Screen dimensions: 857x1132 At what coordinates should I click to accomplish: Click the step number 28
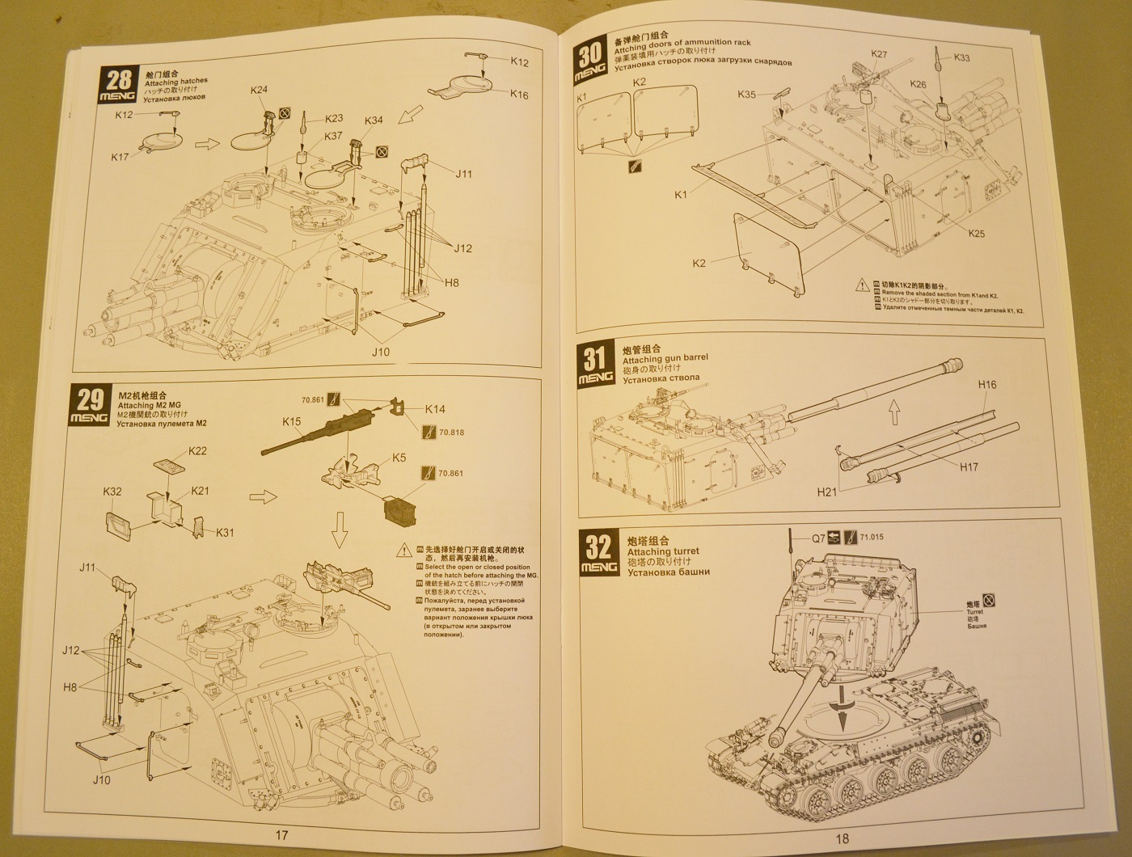pyautogui.click(x=118, y=79)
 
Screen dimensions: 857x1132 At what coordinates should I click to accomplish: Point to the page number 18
pyautogui.click(x=843, y=838)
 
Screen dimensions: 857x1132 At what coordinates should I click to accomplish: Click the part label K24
pyautogui.click(x=259, y=91)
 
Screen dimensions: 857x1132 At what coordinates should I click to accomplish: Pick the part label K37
pyautogui.click(x=333, y=136)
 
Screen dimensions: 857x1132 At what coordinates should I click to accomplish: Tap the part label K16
pyautogui.click(x=519, y=95)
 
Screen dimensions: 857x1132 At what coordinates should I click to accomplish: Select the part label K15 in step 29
pyautogui.click(x=292, y=421)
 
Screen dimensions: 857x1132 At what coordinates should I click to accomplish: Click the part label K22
pyautogui.click(x=197, y=450)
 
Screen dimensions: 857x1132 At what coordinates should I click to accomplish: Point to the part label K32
pyautogui.click(x=112, y=491)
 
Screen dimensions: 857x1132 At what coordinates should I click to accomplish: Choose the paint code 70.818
pyautogui.click(x=452, y=433)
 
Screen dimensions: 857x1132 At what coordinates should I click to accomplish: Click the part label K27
pyautogui.click(x=879, y=54)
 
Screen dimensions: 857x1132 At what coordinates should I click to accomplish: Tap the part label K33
pyautogui.click(x=961, y=58)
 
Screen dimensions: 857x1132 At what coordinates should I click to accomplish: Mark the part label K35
pyautogui.click(x=747, y=95)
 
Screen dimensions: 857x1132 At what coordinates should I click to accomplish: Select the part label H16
pyautogui.click(x=987, y=385)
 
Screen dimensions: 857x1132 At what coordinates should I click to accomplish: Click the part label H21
pyautogui.click(x=826, y=491)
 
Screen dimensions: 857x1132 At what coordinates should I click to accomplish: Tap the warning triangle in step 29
pyautogui.click(x=402, y=551)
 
